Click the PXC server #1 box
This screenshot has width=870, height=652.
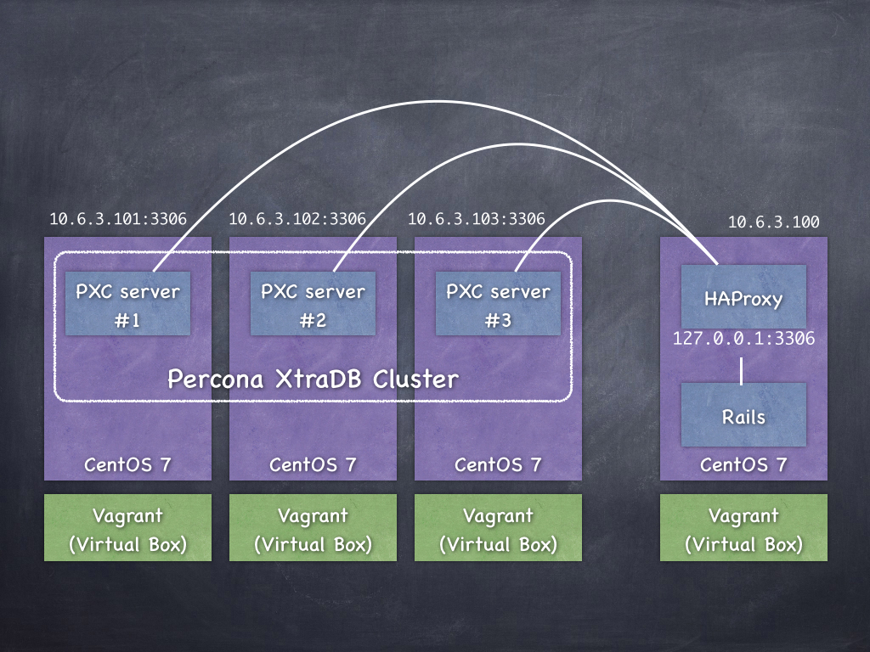click(x=127, y=305)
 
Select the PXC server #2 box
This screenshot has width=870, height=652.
click(x=313, y=305)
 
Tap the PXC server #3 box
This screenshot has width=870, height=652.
click(x=498, y=305)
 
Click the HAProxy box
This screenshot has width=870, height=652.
click(x=743, y=297)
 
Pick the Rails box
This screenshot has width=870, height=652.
click(x=743, y=415)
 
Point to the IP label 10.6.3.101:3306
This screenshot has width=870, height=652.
click(x=118, y=219)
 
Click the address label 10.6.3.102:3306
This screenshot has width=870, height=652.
click(x=297, y=219)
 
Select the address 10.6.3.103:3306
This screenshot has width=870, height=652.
click(x=477, y=219)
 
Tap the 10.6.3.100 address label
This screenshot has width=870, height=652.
click(x=774, y=222)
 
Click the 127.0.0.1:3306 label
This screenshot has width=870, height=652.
click(x=743, y=339)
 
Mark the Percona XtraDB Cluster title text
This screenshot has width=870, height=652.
click(x=313, y=379)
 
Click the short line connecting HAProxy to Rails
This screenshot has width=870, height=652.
click(x=743, y=371)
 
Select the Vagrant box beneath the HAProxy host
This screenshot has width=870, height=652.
click(x=743, y=529)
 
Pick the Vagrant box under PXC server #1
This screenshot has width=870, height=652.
click(x=127, y=529)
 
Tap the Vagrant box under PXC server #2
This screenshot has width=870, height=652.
click(x=313, y=529)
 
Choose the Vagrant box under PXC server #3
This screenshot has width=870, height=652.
click(x=498, y=529)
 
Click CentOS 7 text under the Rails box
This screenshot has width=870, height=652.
click(x=743, y=465)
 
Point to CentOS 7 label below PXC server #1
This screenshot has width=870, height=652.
click(x=127, y=465)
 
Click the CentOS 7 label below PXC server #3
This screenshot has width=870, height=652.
click(x=498, y=465)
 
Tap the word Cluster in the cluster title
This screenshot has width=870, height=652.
click(x=415, y=379)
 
